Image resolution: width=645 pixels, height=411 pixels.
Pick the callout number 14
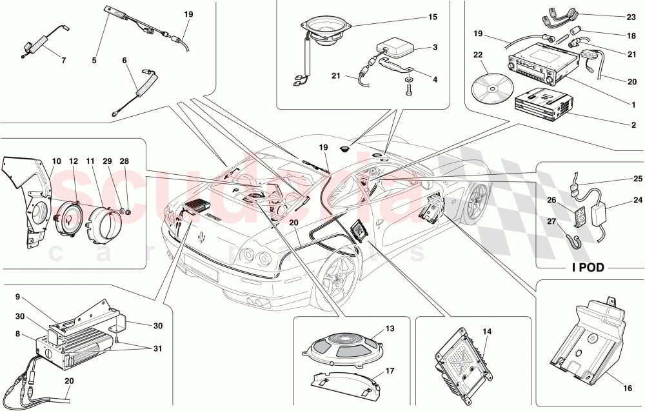click(x=487, y=332)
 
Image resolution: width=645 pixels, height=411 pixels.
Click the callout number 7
click(x=63, y=61)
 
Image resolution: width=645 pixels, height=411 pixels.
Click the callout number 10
click(x=56, y=161)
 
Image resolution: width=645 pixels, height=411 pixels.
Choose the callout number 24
click(x=638, y=200)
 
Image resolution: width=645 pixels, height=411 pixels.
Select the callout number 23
click(x=631, y=18)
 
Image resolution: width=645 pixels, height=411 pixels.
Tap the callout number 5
click(x=94, y=61)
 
